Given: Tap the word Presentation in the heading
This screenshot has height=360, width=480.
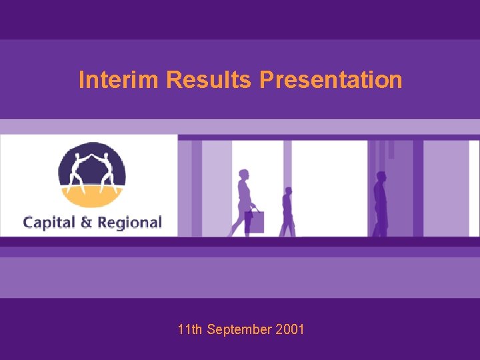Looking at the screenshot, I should [331, 80].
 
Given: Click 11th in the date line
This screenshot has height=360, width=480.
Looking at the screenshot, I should [191, 329].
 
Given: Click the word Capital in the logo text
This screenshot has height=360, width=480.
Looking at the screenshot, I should [50, 222].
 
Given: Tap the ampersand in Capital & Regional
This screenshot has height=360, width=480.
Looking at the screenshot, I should [86, 222].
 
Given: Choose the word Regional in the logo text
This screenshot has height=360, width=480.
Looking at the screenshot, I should [129, 222].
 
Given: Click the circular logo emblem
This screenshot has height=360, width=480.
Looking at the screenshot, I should [92, 175].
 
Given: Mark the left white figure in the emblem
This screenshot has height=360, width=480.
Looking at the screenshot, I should [77, 171].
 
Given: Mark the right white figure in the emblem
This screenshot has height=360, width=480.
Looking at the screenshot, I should [107, 171].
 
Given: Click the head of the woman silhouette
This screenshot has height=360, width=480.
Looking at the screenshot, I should [243, 175].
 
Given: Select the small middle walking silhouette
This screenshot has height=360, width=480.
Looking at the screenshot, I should [287, 212].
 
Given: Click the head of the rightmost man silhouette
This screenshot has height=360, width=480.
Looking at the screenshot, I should [381, 177].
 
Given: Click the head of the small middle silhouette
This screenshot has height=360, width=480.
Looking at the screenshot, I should [287, 191].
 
